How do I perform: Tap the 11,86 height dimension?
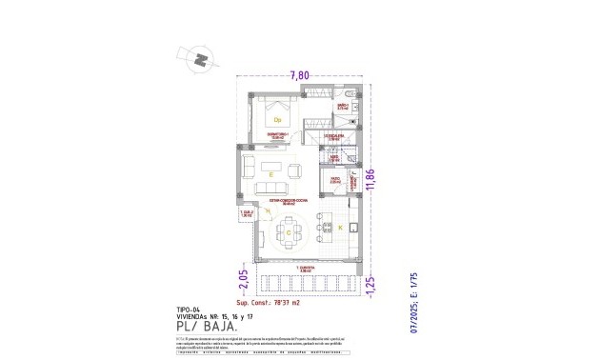pyautogui.click(x=383, y=182)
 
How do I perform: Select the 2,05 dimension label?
pyautogui.click(x=242, y=277)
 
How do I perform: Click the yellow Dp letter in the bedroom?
pyautogui.click(x=277, y=120)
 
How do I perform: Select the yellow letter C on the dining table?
pyautogui.click(x=287, y=231)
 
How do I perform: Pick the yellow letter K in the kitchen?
pyautogui.click(x=340, y=229)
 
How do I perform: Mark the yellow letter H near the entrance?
pyautogui.click(x=268, y=211)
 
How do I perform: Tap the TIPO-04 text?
pyautogui.click(x=190, y=310)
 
